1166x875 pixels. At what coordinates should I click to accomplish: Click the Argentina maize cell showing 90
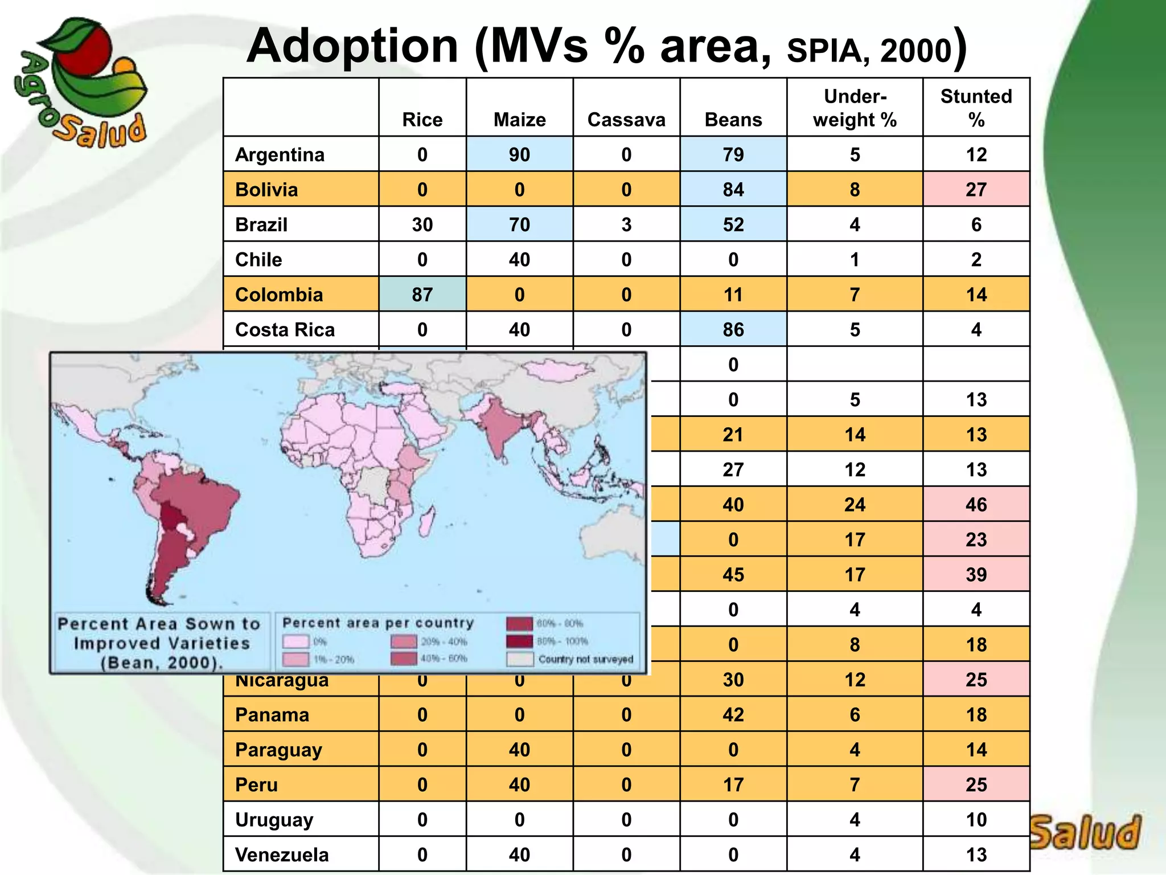(x=519, y=154)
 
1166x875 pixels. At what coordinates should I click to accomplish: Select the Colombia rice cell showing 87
(x=422, y=295)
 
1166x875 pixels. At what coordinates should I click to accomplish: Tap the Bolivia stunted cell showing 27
(x=976, y=189)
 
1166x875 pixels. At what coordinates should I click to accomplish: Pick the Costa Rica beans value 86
(x=733, y=329)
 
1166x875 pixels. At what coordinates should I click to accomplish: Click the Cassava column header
(x=626, y=120)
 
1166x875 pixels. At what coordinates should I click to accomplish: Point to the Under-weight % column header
(x=855, y=108)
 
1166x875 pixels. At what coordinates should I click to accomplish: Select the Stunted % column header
(x=976, y=108)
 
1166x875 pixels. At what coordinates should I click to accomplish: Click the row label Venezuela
(x=282, y=854)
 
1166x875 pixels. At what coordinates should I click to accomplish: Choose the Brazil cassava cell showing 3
(x=626, y=224)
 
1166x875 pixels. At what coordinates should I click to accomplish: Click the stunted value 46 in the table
(x=976, y=505)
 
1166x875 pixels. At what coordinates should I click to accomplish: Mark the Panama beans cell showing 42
(x=733, y=714)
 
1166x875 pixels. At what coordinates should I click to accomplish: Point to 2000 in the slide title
(x=915, y=51)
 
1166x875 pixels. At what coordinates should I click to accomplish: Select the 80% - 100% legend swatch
(x=519, y=641)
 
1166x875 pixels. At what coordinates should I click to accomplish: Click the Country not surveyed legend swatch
(x=519, y=659)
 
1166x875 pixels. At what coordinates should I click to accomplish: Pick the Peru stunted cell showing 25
(x=976, y=784)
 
